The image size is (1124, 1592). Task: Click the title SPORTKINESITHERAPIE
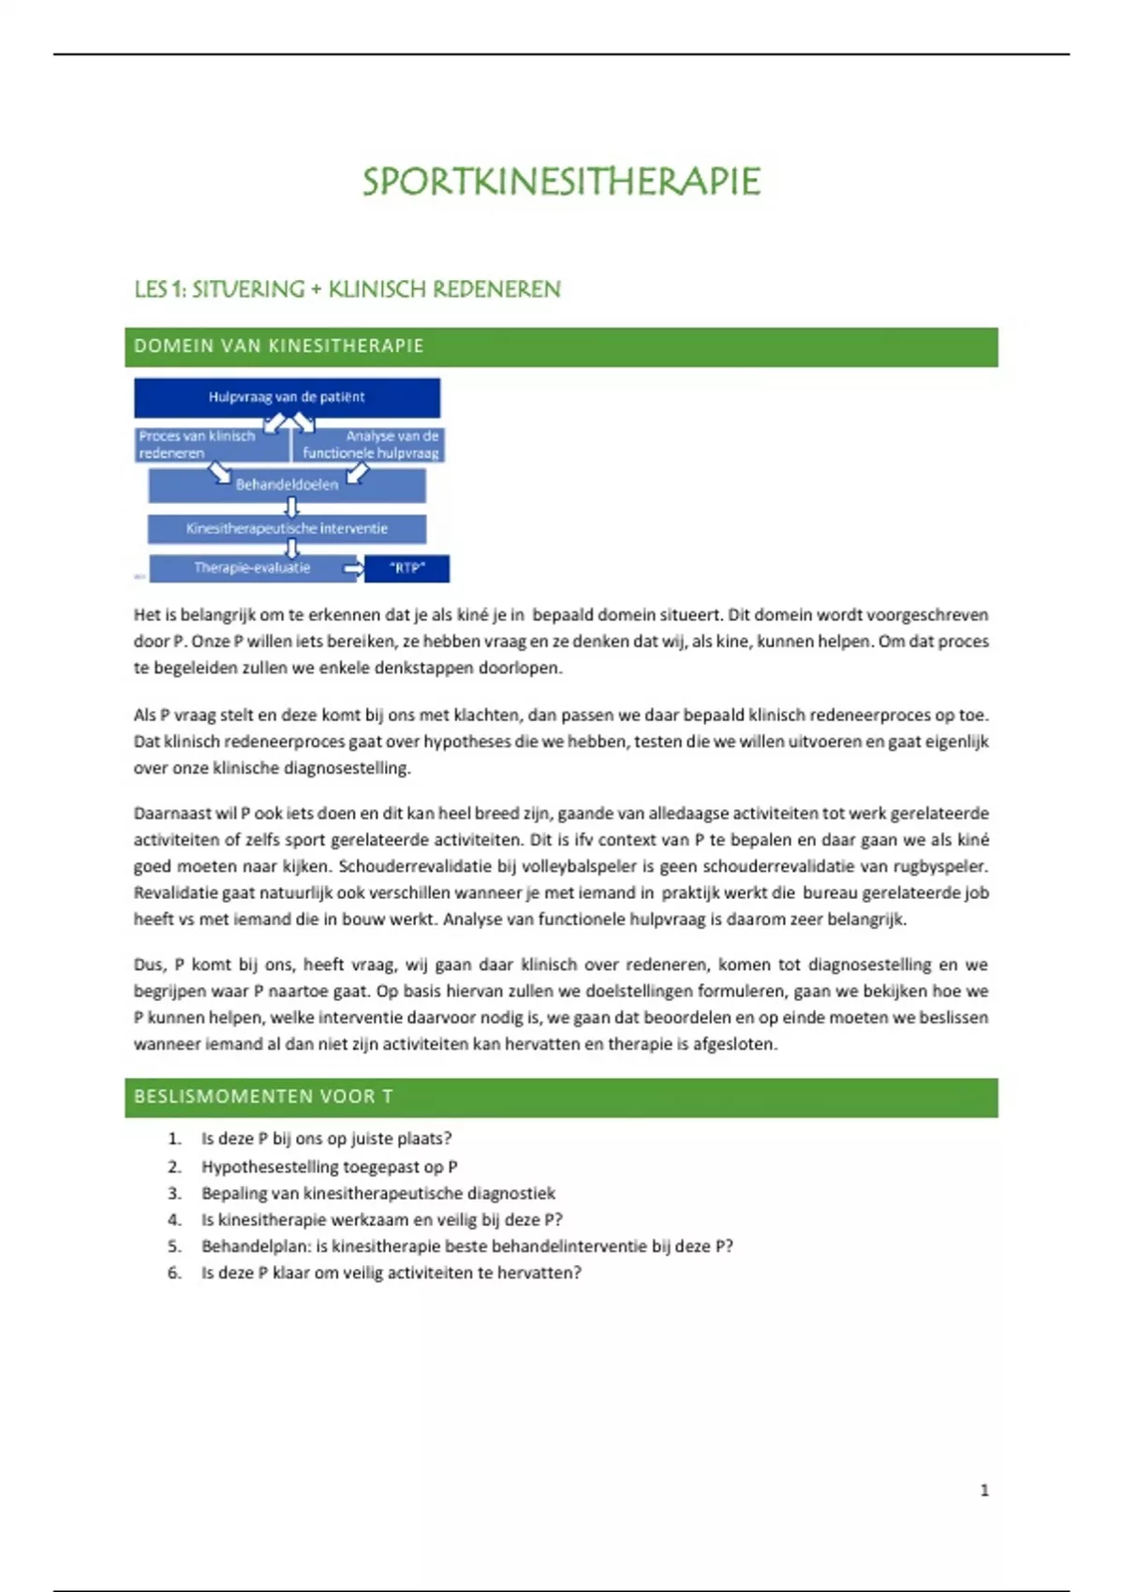coord(561,182)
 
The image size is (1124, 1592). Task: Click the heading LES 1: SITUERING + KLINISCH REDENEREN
coord(348,289)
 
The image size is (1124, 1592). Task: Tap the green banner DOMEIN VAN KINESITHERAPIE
coord(561,346)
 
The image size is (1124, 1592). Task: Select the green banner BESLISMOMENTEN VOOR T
coord(561,1097)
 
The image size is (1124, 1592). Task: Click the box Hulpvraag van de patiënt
coord(287,397)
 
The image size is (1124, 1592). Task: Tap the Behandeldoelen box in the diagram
coord(287,485)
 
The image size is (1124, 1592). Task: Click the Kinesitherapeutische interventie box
coord(287,529)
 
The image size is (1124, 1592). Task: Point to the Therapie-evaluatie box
coord(251,568)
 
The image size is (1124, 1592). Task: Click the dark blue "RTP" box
coord(407,568)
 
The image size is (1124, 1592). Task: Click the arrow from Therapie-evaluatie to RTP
coord(353,568)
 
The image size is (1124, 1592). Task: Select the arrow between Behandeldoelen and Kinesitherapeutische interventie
coord(292,508)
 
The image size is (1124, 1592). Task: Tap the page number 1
coord(984,1490)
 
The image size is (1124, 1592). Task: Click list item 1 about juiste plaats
coord(326,1139)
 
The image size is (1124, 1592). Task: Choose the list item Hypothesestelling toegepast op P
coord(329,1167)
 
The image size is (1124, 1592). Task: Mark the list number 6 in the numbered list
coord(174,1273)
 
